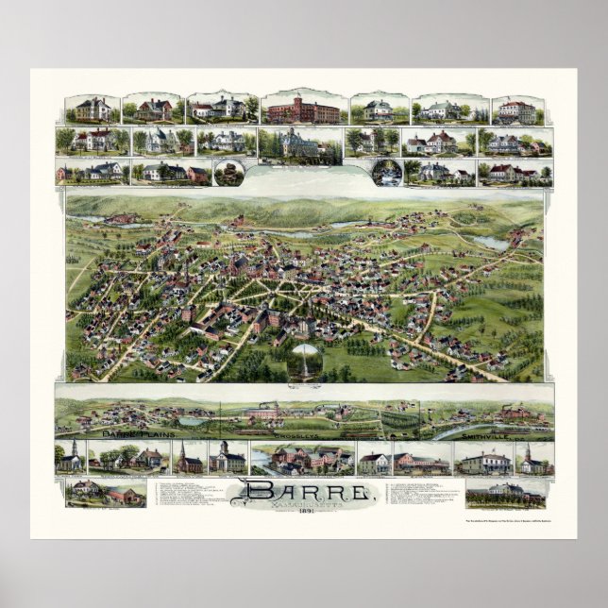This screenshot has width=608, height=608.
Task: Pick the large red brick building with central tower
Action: [x=302, y=111]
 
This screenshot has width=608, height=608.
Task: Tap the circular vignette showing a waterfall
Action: [x=386, y=172]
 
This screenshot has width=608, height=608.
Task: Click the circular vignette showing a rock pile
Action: [x=228, y=173]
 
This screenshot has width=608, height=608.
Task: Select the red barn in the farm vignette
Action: [x=121, y=495]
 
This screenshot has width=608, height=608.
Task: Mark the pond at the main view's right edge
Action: [x=490, y=243]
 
